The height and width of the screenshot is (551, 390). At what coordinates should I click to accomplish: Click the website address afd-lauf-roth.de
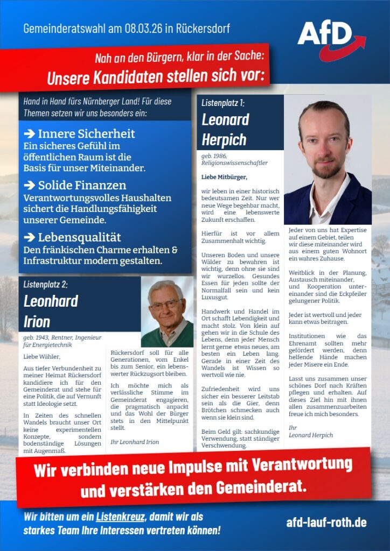pyautogui.click(x=326, y=522)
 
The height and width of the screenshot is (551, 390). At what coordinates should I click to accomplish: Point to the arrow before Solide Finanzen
pyautogui.click(x=30, y=186)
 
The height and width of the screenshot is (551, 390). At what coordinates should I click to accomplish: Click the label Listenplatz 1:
pyautogui.click(x=223, y=102)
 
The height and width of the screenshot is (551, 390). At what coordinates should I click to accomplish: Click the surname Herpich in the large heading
pyautogui.click(x=224, y=139)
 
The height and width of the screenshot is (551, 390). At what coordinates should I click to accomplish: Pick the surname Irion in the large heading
pyautogui.click(x=37, y=322)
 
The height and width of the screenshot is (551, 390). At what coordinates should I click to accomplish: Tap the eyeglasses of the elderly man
pyautogui.click(x=165, y=304)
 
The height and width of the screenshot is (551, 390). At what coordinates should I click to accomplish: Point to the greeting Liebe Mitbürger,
pyautogui.click(x=224, y=176)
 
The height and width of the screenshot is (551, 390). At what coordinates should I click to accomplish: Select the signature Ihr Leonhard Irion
pyautogui.click(x=134, y=442)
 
